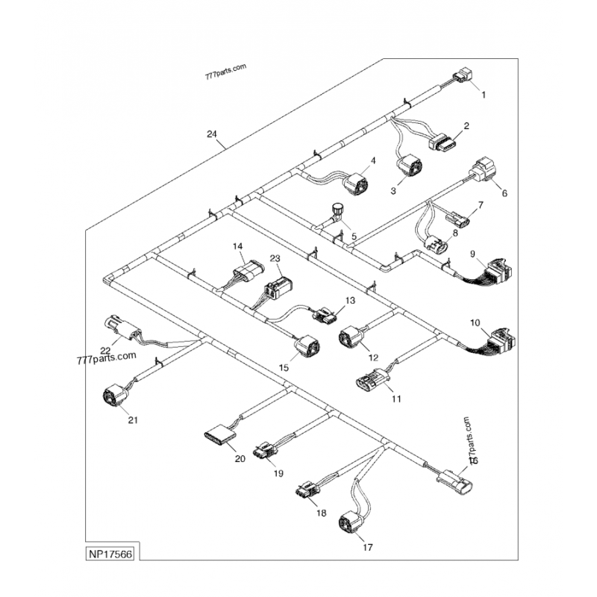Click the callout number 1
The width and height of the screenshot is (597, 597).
tap(483, 95)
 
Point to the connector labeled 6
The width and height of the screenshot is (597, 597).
tap(484, 170)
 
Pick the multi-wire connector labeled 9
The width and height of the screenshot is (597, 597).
tap(497, 270)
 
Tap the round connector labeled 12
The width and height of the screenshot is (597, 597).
tap(351, 339)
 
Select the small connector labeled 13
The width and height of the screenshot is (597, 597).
tap(325, 316)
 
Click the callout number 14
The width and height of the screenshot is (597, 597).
tap(238, 246)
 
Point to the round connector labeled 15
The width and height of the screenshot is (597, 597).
tap(307, 347)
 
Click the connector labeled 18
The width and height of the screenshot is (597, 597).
tap(308, 490)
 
